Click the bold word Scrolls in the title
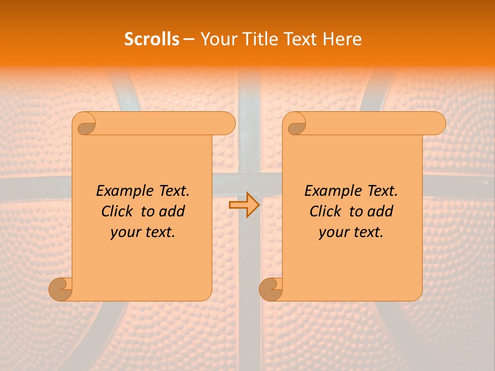pos(152,39)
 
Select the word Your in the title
pos(218,39)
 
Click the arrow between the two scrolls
pos(244,205)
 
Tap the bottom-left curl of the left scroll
pos(60,289)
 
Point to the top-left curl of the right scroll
pos(296,124)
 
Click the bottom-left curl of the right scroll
pos(271,289)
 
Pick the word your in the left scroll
pos(124,232)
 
